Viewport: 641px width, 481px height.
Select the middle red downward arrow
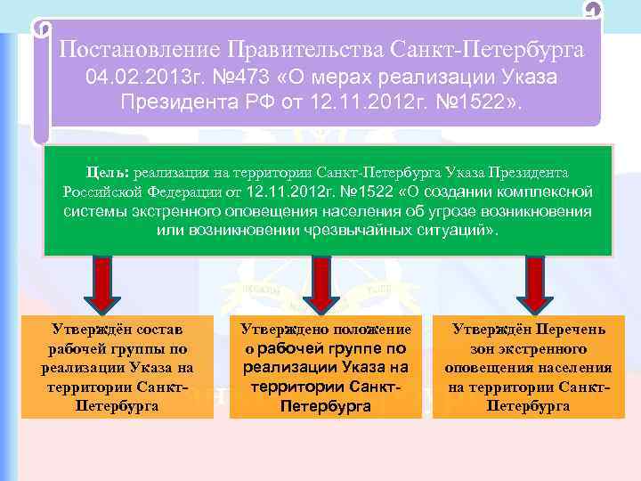[320, 283]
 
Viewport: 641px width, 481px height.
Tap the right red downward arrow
[534, 283]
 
